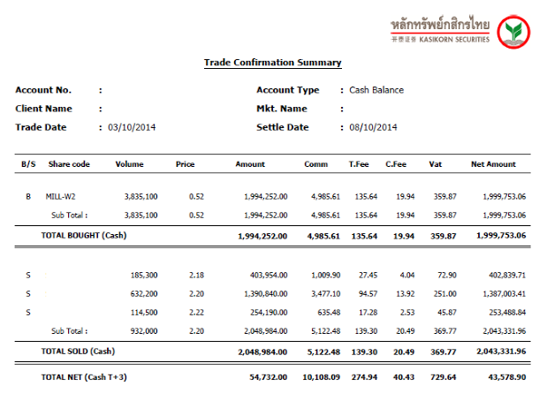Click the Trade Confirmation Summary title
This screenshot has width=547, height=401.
pyautogui.click(x=272, y=63)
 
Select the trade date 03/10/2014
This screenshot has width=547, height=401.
pyautogui.click(x=132, y=127)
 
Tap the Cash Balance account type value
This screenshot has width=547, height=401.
pyautogui.click(x=376, y=90)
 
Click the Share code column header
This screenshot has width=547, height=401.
pyautogui.click(x=69, y=164)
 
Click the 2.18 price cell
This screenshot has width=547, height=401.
pyautogui.click(x=197, y=276)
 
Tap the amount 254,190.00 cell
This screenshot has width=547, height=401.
pyautogui.click(x=266, y=312)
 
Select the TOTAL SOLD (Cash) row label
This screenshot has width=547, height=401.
pyautogui.click(x=78, y=352)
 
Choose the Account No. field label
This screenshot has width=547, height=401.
pyautogui.click(x=43, y=90)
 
